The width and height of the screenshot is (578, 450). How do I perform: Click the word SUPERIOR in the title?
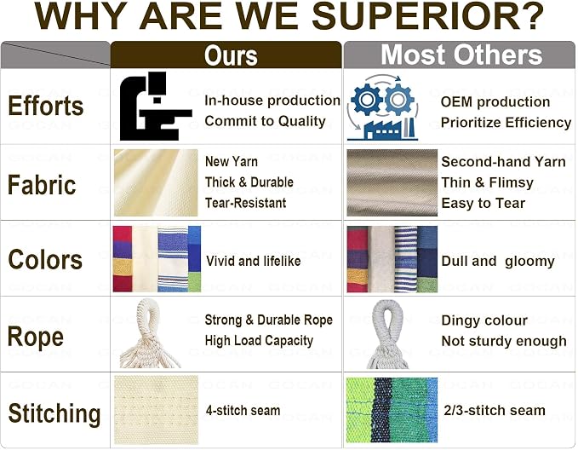click(428, 16)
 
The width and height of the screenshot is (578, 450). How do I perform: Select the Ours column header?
click(231, 55)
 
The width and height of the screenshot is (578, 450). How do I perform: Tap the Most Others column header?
click(461, 55)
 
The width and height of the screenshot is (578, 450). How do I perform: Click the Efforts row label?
click(46, 106)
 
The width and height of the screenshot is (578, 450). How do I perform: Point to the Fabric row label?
click(42, 185)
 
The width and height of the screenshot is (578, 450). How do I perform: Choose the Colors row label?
click(45, 259)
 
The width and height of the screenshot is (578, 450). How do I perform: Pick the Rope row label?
click(36, 337)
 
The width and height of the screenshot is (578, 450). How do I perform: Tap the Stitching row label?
click(54, 414)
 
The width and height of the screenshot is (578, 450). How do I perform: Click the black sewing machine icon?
click(156, 106)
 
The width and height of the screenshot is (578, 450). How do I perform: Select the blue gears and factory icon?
click(383, 107)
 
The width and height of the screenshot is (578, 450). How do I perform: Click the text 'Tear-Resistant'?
click(245, 203)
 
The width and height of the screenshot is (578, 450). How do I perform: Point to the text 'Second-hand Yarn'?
click(504, 162)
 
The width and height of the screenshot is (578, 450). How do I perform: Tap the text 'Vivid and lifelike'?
click(253, 261)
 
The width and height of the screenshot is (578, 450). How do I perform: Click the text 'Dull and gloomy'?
click(498, 262)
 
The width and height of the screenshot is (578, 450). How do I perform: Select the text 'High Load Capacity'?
click(259, 340)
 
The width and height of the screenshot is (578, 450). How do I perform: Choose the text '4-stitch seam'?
click(243, 410)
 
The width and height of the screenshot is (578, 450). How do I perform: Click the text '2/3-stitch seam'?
click(495, 410)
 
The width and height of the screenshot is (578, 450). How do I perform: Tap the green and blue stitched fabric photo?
click(392, 410)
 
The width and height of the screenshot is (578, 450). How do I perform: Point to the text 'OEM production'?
click(495, 102)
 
